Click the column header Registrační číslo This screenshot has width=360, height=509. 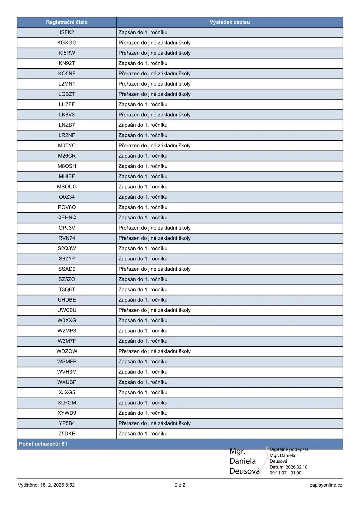(x=67, y=22)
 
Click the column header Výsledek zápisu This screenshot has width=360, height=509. (x=229, y=22)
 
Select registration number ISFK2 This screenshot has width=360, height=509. (x=67, y=32)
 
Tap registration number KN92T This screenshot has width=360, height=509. (x=67, y=63)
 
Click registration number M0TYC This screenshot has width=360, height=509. (x=67, y=145)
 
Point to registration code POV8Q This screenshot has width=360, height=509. (x=67, y=207)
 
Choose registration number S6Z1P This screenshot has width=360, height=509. (x=67, y=259)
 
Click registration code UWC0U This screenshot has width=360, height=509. (x=67, y=310)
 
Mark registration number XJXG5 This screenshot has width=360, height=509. (x=67, y=392)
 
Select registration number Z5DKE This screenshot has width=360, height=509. (x=67, y=433)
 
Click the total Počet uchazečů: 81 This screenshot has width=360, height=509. (x=43, y=444)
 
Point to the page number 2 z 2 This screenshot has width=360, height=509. (x=180, y=485)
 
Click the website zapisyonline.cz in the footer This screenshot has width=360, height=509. (x=326, y=485)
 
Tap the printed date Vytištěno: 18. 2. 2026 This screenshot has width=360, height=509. (x=46, y=485)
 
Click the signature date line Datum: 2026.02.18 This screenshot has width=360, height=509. (x=288, y=467)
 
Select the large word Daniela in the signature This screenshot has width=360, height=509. (x=242, y=461)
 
